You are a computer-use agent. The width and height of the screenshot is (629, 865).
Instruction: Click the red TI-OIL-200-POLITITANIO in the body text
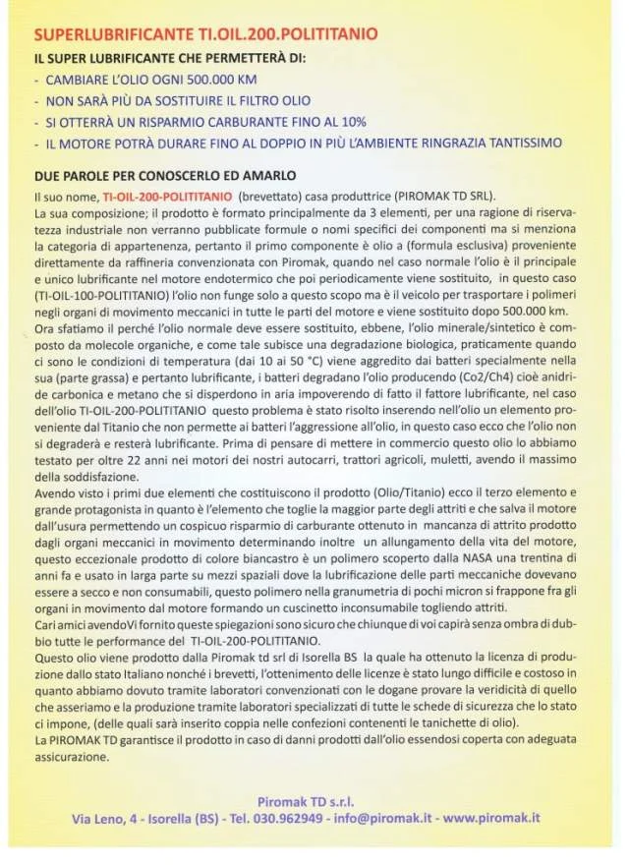point(167,197)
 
